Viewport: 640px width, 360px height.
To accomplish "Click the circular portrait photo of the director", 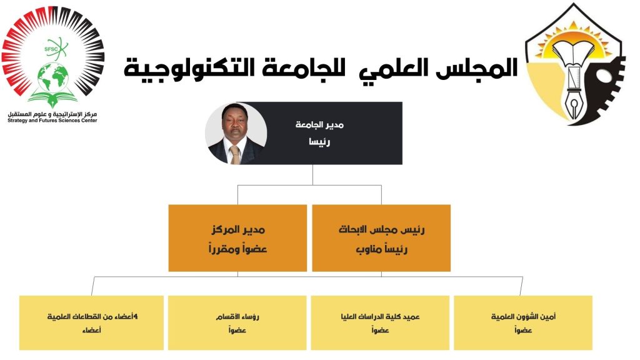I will click(236, 133).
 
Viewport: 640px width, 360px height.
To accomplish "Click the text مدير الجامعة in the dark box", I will click(320, 125).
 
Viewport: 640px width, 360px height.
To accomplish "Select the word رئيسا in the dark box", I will click(319, 142).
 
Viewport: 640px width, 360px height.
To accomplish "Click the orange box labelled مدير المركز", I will click(237, 237).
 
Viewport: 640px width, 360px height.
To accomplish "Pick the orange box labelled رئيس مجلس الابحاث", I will click(381, 237).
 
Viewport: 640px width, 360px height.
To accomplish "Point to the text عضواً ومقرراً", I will click(237, 249).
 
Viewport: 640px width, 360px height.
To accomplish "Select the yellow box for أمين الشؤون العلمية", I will click(523, 322).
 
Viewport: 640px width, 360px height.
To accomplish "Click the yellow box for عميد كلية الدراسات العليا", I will click(381, 322).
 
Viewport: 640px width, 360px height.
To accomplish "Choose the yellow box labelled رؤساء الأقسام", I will click(237, 322).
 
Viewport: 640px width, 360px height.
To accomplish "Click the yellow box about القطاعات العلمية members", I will click(91, 322).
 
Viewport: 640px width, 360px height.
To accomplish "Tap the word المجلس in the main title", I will click(481, 68).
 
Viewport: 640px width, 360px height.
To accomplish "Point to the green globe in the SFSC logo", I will click(52, 78).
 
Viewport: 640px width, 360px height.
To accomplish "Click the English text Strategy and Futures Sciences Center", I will click(52, 120).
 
